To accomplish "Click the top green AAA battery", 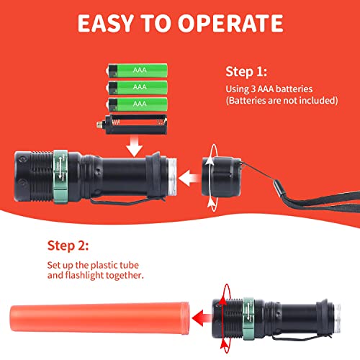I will point(140,71).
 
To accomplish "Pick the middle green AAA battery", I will point(140,87).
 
